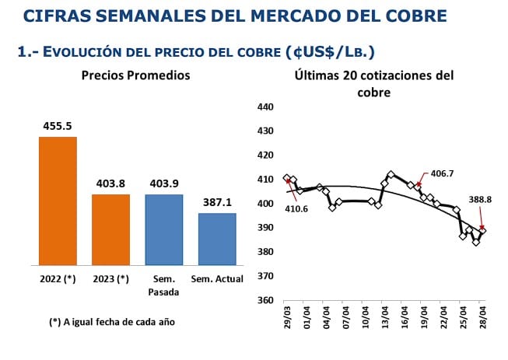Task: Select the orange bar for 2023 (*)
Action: coord(110,229)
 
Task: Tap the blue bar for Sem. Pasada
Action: coord(163,229)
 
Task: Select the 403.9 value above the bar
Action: coord(163,183)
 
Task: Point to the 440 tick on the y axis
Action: coord(265,107)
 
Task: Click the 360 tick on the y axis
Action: coord(265,301)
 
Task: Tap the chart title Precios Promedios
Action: coord(135,75)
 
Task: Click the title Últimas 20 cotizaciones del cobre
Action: coord(373,83)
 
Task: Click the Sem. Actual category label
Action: coord(217,278)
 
